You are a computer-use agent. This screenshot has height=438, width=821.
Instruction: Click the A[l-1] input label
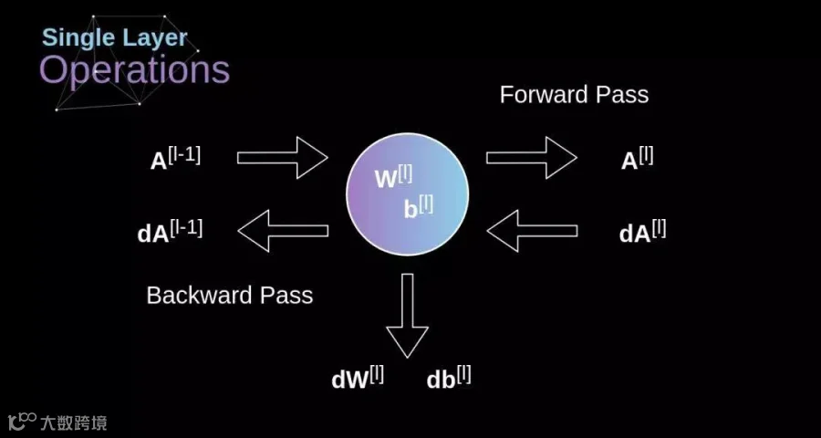coord(175,159)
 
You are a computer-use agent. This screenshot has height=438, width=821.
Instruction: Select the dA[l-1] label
coord(170,232)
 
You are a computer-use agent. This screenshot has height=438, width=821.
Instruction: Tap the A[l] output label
coord(638,159)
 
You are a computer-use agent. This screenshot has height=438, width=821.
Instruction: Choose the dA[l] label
coord(642,232)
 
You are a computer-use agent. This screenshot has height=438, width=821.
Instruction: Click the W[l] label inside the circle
coord(394,178)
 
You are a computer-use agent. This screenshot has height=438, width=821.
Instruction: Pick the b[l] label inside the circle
coord(419,208)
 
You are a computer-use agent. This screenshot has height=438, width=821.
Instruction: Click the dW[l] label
coord(358,379)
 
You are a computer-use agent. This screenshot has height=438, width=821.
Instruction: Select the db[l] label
coord(449,379)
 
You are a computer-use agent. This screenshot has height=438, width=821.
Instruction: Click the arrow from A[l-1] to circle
coord(283,158)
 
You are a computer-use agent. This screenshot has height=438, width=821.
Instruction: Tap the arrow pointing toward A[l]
coord(532,158)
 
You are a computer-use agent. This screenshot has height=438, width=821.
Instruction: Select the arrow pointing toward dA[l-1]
coord(283,231)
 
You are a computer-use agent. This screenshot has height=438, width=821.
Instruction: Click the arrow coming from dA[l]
coord(532,231)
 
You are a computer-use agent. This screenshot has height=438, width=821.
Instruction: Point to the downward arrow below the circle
coord(408,316)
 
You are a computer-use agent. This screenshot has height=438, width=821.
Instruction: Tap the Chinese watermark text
coord(73,422)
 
